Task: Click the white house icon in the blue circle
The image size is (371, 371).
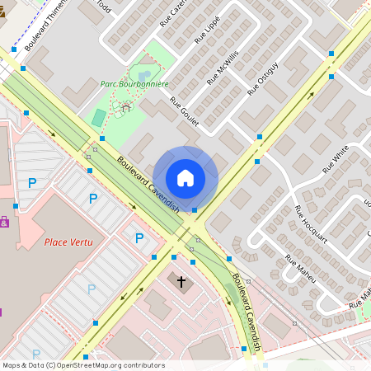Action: [x=185, y=178]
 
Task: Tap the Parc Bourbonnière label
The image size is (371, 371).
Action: [x=134, y=84]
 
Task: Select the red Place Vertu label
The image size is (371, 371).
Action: [x=68, y=242]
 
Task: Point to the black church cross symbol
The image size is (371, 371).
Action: [x=181, y=282]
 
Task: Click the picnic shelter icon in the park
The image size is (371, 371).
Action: [x=126, y=106]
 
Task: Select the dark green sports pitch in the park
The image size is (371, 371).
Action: [x=99, y=118]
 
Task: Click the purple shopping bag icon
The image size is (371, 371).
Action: [x=4, y=222]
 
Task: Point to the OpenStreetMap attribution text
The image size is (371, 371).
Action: [x=83, y=365]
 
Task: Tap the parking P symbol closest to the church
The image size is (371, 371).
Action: [x=139, y=238]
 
